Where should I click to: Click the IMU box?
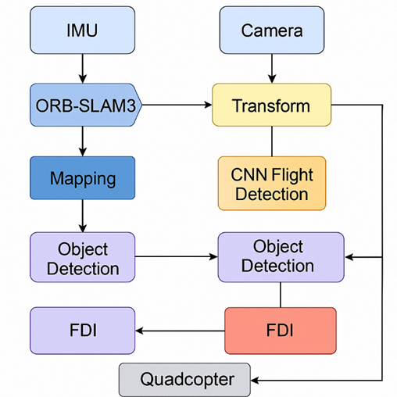coord(82,30)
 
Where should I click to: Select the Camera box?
coord(272,30)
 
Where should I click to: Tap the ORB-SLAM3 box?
coord(86,105)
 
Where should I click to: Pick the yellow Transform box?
coord(271,105)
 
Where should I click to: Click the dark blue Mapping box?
coord(82,178)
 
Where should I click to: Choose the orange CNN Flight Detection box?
coord(272,184)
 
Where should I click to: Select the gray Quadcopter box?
coord(184,380)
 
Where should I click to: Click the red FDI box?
coord(281,331)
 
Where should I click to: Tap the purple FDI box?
coord(82,331)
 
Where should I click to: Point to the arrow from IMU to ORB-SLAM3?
coord(83,69)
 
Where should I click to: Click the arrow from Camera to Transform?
coord(272,69)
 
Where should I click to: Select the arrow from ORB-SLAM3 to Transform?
coord(177,105)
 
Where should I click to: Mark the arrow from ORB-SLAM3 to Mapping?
coord(83,141)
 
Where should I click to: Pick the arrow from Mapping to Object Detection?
coord(83,216)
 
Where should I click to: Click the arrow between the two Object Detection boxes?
coord(177,257)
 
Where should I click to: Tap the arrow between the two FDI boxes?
coord(180,331)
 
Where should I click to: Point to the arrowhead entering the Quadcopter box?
coord(255,381)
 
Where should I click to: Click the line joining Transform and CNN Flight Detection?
coord(272,141)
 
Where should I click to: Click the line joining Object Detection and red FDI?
coord(281,295)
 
